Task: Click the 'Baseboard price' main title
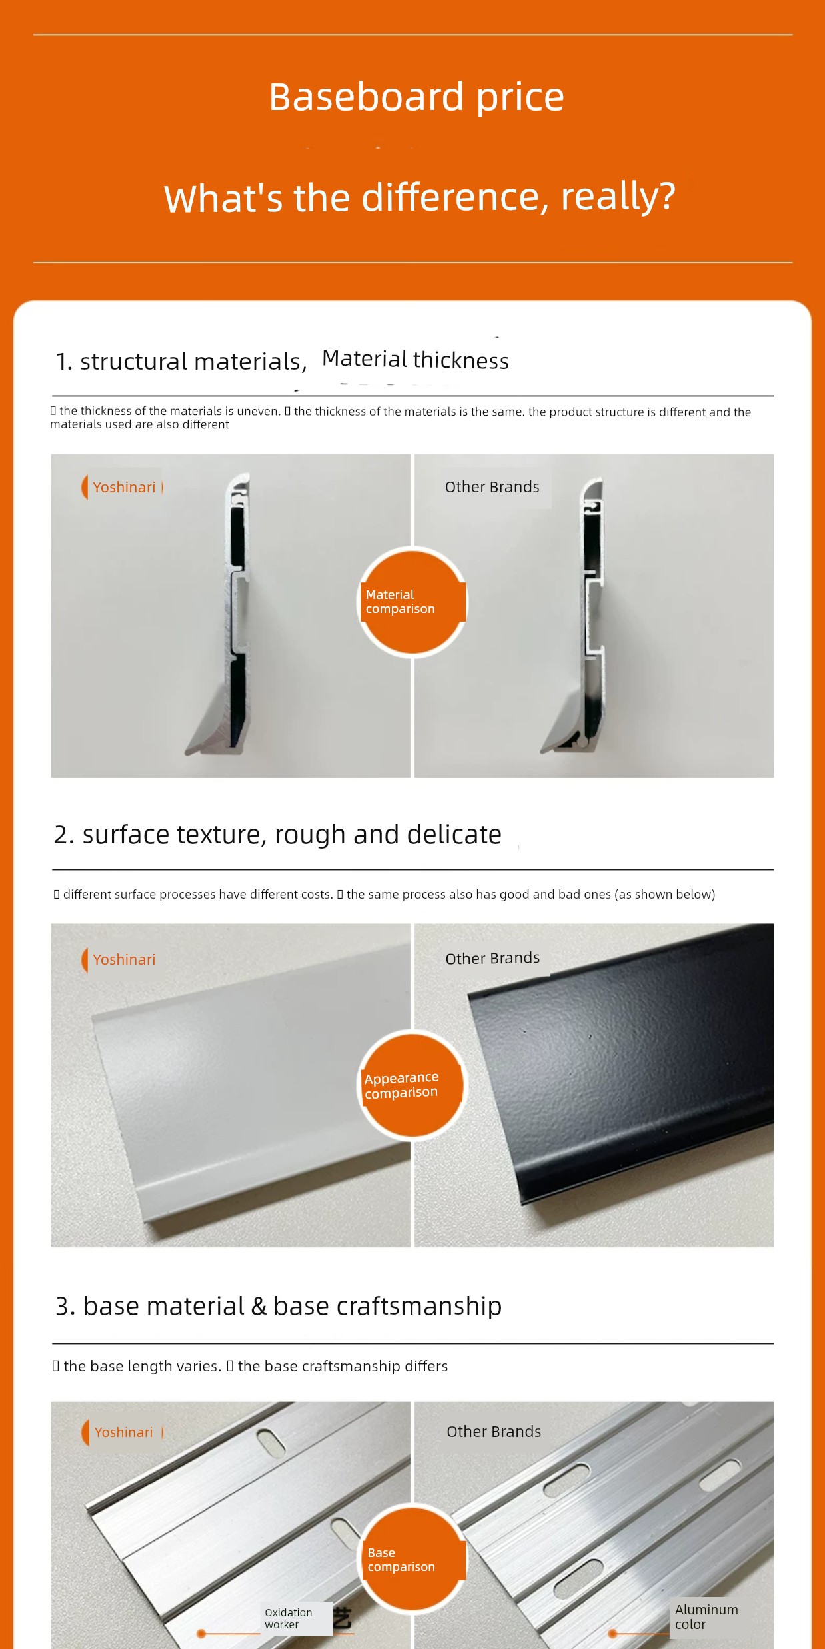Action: [416, 97]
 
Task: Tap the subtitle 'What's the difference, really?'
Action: [420, 197]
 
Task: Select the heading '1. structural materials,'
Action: [181, 362]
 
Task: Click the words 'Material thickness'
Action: [415, 360]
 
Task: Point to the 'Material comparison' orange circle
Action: [412, 602]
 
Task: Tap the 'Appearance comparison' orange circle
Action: [412, 1085]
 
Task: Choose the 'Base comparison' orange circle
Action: [412, 1559]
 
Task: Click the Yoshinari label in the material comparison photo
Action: [124, 487]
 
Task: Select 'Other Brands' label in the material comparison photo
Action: [492, 487]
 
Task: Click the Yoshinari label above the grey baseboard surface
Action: [124, 959]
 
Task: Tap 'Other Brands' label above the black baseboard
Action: [493, 958]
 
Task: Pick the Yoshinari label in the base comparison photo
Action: [124, 1432]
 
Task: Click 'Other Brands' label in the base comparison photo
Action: [494, 1431]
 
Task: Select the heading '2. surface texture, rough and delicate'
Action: [278, 835]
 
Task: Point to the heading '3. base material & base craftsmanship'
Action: [279, 1307]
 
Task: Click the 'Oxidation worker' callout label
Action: [289, 1618]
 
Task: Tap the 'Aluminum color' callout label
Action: [706, 1617]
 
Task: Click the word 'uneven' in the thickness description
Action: [257, 411]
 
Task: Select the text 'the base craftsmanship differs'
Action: [343, 1366]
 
